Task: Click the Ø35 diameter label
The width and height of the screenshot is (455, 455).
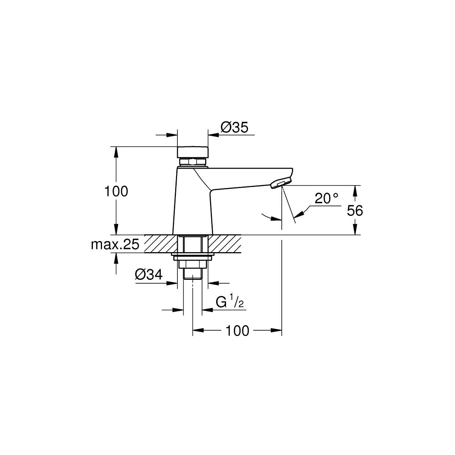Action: pyautogui.click(x=234, y=128)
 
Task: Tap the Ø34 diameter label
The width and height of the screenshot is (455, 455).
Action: pyautogui.click(x=149, y=275)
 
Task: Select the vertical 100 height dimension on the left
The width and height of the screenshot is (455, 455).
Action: pyautogui.click(x=116, y=191)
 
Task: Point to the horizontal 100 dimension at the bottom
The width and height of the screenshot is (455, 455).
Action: pyautogui.click(x=237, y=331)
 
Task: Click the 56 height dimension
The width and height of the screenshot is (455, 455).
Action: pyautogui.click(x=355, y=210)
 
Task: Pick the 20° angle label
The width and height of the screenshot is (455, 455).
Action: pyautogui.click(x=326, y=198)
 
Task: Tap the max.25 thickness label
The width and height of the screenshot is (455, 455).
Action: pyautogui.click(x=115, y=245)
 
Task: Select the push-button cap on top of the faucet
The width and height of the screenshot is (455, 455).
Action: pyautogui.click(x=193, y=152)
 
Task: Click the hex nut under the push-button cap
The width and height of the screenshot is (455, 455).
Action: pyautogui.click(x=193, y=162)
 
